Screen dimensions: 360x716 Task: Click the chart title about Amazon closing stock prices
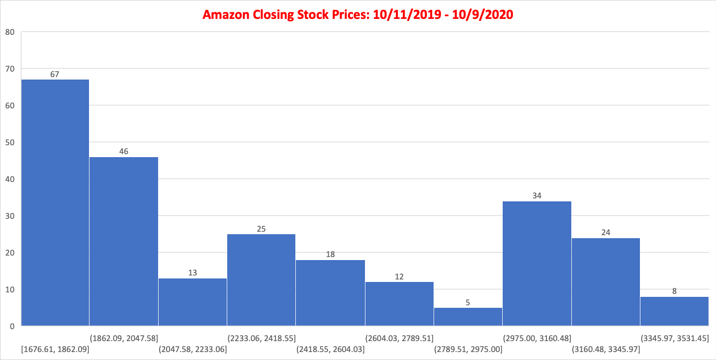(358, 14)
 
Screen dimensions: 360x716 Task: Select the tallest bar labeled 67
(55, 202)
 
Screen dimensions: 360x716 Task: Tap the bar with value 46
(124, 241)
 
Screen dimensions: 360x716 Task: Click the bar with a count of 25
(262, 280)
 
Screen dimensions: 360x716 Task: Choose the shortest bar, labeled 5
(468, 317)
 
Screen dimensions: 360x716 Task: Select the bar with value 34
(537, 264)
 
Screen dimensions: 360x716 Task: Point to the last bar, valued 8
(674, 311)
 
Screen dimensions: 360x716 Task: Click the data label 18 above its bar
(330, 255)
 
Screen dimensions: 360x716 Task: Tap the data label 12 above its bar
(399, 276)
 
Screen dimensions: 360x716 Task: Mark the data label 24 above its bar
(606, 232)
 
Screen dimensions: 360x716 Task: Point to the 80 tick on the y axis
(10, 32)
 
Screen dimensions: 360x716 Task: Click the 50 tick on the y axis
(10, 142)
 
